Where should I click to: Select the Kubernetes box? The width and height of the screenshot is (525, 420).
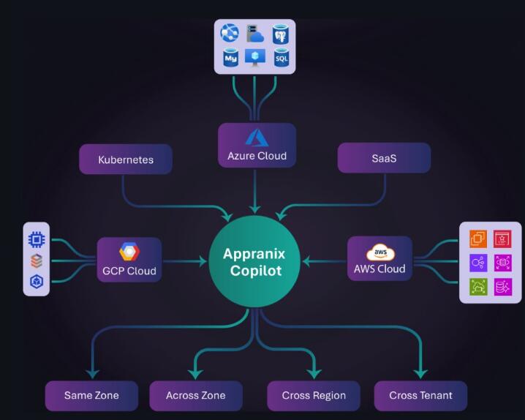point(126,159)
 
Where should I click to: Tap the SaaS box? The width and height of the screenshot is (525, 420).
point(384,158)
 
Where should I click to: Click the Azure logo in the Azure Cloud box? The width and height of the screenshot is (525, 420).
point(257,138)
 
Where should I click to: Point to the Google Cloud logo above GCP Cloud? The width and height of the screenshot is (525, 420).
point(129,252)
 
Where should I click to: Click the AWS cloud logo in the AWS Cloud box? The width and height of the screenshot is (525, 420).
point(380,252)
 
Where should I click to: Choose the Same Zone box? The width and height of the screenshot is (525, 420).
point(91,395)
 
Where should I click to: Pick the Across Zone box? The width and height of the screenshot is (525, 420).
point(196,395)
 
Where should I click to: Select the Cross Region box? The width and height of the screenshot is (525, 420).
point(314,395)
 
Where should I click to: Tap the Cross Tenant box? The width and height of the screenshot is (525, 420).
point(420,395)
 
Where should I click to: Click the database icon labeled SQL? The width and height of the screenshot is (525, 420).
point(281,57)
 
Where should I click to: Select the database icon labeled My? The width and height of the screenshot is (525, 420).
point(231,57)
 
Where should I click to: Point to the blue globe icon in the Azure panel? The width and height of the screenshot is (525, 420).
point(231,34)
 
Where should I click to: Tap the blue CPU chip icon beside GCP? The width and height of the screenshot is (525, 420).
point(36,239)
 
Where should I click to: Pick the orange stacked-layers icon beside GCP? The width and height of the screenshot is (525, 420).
point(36,260)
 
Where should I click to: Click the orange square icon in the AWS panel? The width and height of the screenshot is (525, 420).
point(478,238)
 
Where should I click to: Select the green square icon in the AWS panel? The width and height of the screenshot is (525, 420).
point(478,287)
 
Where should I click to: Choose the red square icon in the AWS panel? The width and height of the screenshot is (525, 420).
point(503,238)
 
